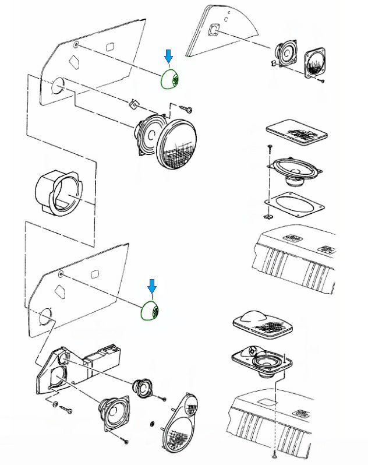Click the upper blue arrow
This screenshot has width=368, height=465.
pos(169,57)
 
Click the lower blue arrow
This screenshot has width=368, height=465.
pos(153,286)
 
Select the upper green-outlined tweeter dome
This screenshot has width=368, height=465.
pos(172,79)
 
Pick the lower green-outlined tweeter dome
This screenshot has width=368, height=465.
pos(151,311)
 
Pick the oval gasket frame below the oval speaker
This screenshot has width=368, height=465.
pos(294,204)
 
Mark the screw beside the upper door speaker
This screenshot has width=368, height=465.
pos(187,108)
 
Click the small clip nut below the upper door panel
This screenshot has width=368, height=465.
pos(134,104)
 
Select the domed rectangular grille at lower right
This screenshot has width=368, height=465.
pos(262,323)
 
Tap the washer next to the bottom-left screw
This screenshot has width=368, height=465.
pos(55,404)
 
